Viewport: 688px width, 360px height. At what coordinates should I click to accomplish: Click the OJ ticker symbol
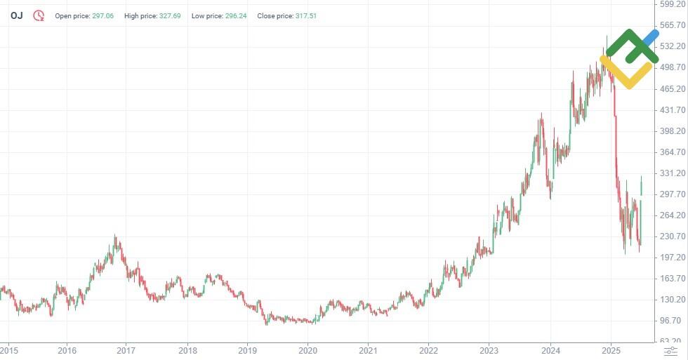tap(16, 15)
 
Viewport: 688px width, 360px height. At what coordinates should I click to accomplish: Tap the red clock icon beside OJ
tap(39, 15)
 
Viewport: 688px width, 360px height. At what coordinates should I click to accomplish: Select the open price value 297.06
tap(102, 15)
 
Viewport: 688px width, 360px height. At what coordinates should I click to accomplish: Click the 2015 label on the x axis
tap(8, 349)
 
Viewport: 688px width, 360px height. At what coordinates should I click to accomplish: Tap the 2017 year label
tap(126, 349)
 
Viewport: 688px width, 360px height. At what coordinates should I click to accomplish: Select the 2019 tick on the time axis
tap(247, 349)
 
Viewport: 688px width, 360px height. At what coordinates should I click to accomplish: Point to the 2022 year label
tap(429, 349)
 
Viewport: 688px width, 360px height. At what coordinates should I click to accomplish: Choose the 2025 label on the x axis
tap(611, 349)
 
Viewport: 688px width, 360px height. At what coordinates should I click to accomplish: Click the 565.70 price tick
tap(670, 25)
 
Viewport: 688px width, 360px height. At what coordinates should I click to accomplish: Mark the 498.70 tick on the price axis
tap(670, 67)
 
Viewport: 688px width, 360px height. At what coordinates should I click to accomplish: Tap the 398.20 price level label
tap(670, 131)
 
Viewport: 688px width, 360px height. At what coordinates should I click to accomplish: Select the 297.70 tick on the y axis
tap(670, 194)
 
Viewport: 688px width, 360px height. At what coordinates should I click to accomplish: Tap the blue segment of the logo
tap(650, 39)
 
